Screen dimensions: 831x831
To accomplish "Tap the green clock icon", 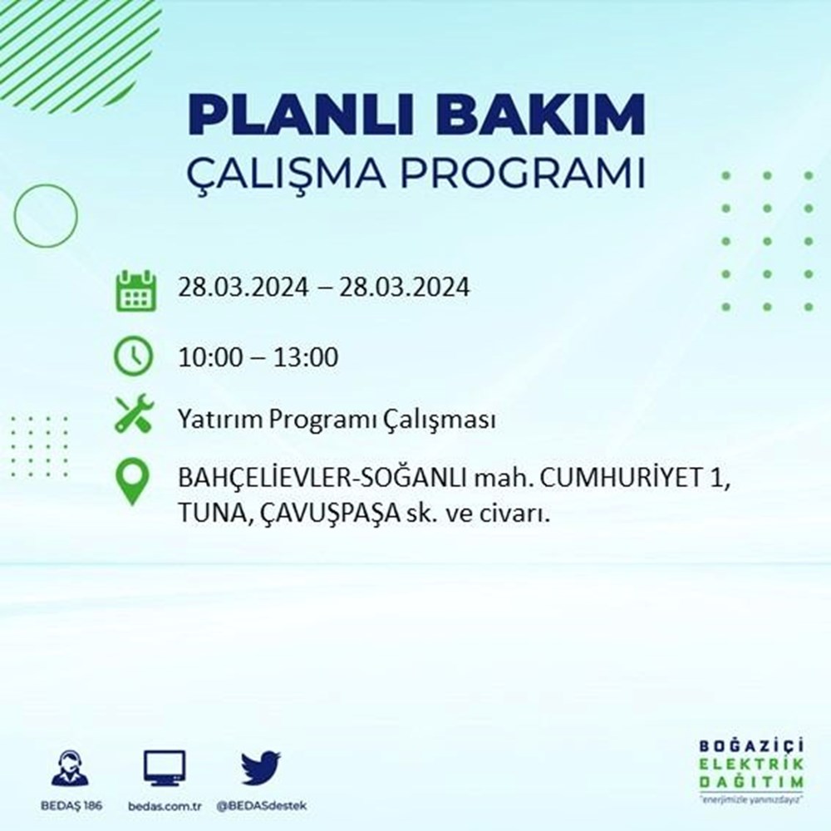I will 133,356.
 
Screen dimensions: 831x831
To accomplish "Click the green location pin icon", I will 133,483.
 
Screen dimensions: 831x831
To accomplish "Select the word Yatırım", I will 217,420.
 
